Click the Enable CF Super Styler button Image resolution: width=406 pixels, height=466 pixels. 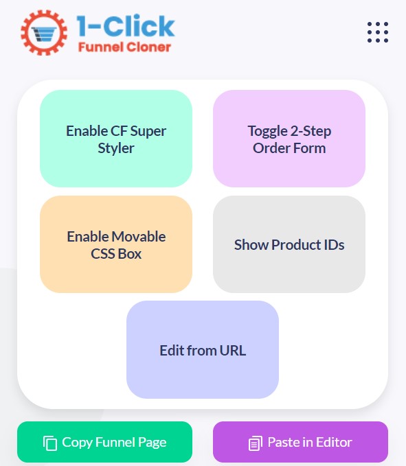(116, 139)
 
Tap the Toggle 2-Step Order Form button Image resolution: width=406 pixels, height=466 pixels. (289, 139)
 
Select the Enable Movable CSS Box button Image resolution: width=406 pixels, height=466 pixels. (116, 244)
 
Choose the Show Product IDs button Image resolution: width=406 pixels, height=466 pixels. (289, 244)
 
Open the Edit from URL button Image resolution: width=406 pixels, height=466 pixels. (203, 349)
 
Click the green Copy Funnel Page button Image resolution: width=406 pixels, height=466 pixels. (104, 442)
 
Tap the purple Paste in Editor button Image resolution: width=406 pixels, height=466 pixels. (300, 442)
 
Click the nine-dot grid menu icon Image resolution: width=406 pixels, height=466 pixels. (378, 32)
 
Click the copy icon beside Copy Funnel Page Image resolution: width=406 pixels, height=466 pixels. (50, 443)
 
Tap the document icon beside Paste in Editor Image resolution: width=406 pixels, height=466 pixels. (256, 443)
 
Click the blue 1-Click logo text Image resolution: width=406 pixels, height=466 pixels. (126, 26)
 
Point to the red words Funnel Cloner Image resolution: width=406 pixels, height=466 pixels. (124, 47)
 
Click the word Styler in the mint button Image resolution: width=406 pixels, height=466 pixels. (116, 148)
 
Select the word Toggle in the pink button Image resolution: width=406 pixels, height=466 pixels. (267, 132)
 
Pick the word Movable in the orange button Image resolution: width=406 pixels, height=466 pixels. (139, 237)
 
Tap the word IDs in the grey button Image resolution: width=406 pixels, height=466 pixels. (332, 244)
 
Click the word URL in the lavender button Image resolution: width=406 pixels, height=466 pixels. (233, 351)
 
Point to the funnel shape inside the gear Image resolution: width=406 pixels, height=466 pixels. (44, 34)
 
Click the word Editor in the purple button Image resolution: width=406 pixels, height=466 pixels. (334, 442)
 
